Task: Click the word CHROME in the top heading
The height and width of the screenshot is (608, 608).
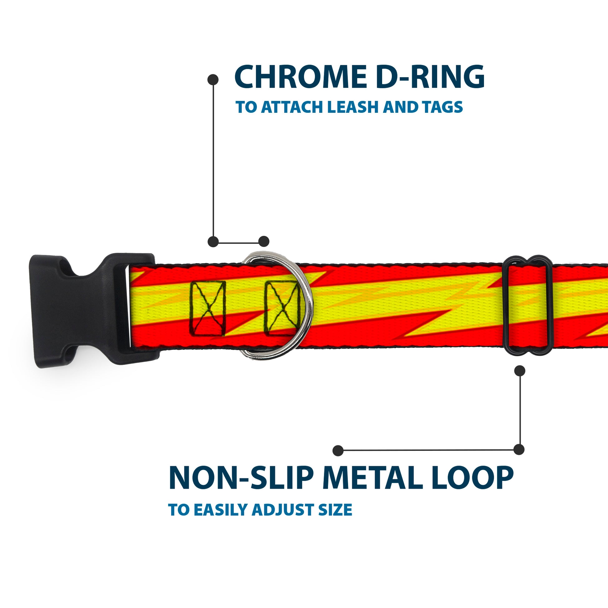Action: point(300,77)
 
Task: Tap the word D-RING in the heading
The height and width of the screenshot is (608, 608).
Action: point(430,77)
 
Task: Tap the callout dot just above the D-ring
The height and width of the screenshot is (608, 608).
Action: point(264,242)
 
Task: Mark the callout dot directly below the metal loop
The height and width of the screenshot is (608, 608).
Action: point(520,371)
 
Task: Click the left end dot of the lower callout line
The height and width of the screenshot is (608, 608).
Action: point(338,450)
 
